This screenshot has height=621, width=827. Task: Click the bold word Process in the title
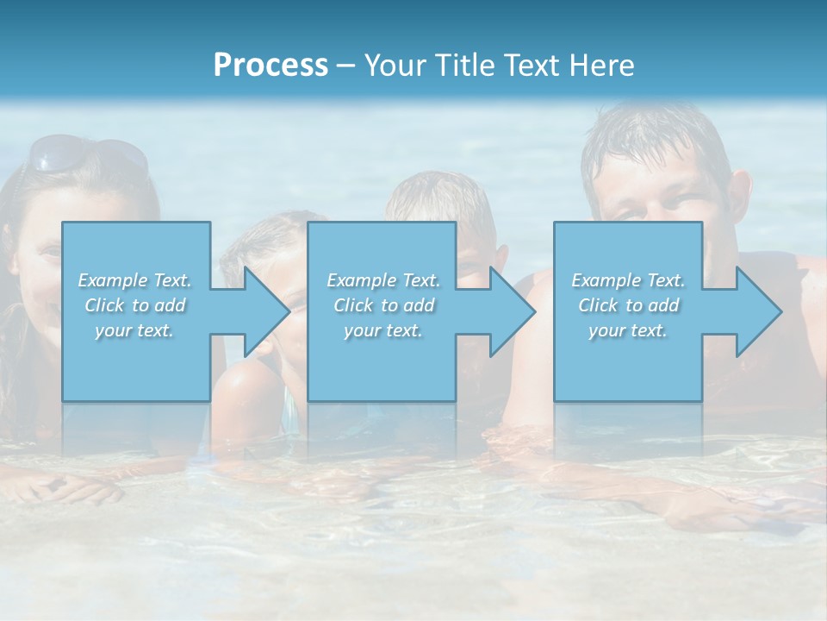pyautogui.click(x=270, y=65)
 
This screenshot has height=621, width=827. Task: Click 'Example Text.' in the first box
pyautogui.click(x=134, y=280)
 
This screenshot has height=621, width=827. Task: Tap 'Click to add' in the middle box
pyautogui.click(x=383, y=305)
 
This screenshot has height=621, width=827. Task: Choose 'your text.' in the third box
pyautogui.click(x=628, y=330)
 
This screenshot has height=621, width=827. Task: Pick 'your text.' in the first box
pyautogui.click(x=134, y=330)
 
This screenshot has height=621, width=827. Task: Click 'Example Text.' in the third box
pyautogui.click(x=628, y=280)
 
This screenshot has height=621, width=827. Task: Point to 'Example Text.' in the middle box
pyautogui.click(x=383, y=280)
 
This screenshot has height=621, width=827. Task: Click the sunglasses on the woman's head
pyautogui.click(x=86, y=154)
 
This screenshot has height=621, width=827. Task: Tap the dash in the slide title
pyautogui.click(x=345, y=66)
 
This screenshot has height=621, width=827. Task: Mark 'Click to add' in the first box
pyautogui.click(x=134, y=305)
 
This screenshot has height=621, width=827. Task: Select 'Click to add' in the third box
pyautogui.click(x=628, y=305)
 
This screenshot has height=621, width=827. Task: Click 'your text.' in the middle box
pyautogui.click(x=383, y=330)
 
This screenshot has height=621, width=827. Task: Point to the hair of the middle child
pyautogui.click(x=439, y=194)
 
